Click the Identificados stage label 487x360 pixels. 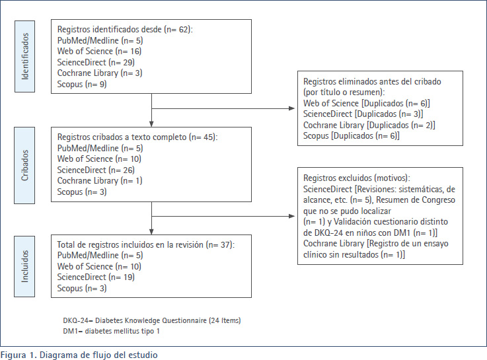coord(25,57)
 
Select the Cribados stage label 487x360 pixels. coord(24,165)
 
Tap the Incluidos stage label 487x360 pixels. coord(24,266)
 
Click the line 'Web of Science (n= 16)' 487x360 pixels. coord(99,52)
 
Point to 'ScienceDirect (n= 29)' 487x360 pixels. coord(96,62)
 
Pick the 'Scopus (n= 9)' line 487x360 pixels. coord(82,84)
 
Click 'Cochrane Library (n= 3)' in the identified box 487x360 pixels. coord(100,73)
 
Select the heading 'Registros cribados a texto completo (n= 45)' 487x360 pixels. coord(137,137)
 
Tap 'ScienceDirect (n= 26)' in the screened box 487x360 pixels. coord(96,170)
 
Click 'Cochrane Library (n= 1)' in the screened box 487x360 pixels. coord(100,180)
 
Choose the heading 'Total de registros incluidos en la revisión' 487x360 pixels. coord(130,244)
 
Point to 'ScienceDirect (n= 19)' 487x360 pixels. coord(96,277)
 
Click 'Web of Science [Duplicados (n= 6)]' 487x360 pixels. coord(367,103)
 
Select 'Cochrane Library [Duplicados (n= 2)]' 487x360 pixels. coord(369,125)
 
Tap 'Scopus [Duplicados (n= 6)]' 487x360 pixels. coord(352,135)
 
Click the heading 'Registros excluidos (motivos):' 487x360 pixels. coord(357,178)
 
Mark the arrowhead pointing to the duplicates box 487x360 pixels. coord(291,108)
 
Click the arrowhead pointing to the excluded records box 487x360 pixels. coord(291,216)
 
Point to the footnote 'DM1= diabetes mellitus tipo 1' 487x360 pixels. coord(112,331)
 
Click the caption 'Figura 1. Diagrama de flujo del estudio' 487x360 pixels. coord(79,355)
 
